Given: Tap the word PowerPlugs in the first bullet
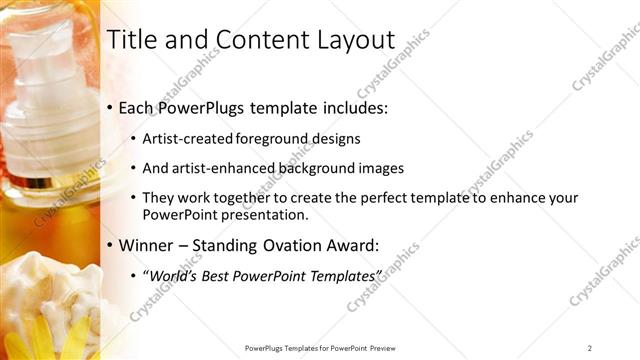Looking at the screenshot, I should click(x=205, y=107).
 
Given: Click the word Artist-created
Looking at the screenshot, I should click(x=187, y=138).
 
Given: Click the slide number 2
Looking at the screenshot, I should click(x=590, y=347).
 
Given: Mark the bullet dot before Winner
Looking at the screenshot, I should click(x=111, y=245).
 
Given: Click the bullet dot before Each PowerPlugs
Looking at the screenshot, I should click(x=111, y=108).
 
